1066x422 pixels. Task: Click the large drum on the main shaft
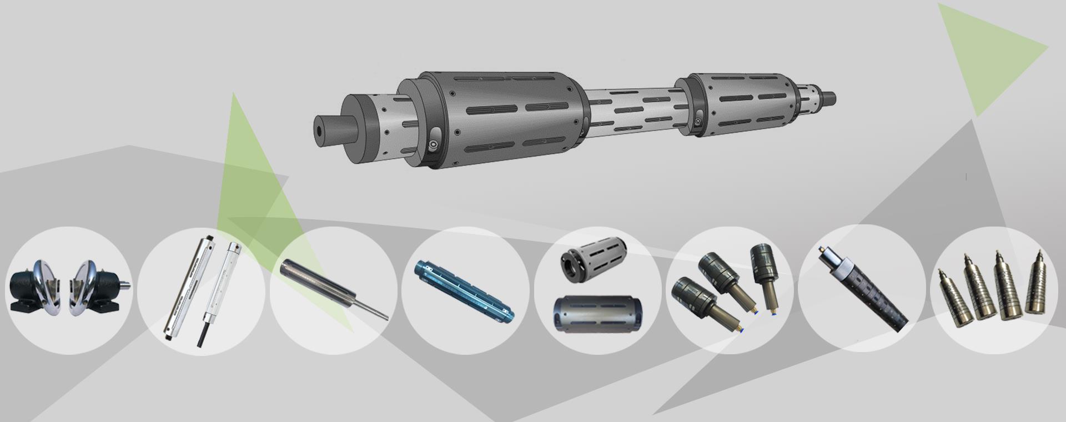(x=500, y=119)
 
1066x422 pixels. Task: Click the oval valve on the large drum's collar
(x=435, y=139)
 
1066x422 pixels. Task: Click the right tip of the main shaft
(x=831, y=97)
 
